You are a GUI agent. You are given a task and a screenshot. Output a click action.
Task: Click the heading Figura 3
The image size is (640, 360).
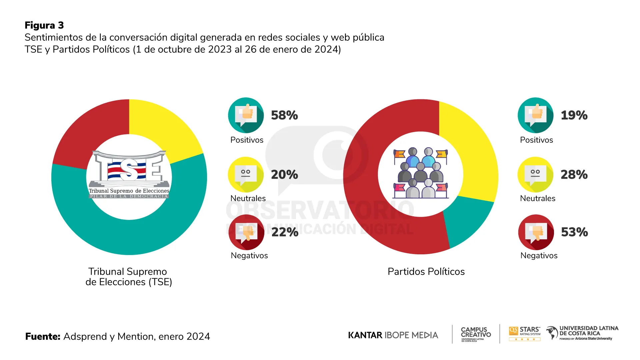tap(44, 25)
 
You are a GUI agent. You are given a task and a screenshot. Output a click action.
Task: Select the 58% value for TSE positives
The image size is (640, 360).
tap(284, 115)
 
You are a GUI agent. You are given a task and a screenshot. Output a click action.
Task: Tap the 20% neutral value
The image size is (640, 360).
tap(284, 175)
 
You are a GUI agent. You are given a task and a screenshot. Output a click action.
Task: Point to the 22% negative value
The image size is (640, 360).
tap(285, 232)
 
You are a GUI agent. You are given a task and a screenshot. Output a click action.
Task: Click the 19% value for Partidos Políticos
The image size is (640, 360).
tap(574, 115)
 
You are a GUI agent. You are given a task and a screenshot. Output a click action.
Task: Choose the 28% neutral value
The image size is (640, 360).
tap(574, 175)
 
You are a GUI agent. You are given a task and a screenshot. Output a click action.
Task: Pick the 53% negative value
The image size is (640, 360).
tap(574, 232)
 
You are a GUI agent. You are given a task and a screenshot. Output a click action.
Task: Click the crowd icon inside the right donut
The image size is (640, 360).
tap(421, 173)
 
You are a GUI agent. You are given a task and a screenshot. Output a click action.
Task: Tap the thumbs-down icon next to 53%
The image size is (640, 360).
tap(536, 232)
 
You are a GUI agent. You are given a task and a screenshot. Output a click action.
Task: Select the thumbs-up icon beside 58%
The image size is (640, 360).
tap(246, 115)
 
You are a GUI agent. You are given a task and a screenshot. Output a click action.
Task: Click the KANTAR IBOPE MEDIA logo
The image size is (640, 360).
tap(393, 335)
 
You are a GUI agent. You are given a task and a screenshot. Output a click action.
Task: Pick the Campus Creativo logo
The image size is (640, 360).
tap(476, 334)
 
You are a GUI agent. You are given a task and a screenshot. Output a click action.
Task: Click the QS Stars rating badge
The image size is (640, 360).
tap(525, 333)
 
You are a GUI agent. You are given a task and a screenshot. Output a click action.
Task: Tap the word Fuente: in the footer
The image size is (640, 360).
tap(43, 336)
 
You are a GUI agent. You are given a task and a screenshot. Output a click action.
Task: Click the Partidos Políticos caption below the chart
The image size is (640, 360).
tap(426, 272)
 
